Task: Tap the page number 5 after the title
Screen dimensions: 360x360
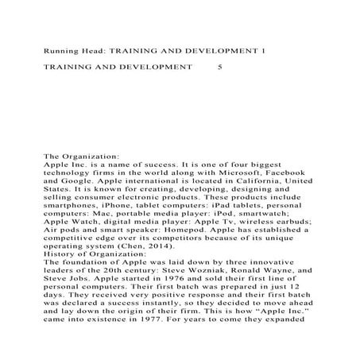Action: pyautogui.click(x=220, y=69)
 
